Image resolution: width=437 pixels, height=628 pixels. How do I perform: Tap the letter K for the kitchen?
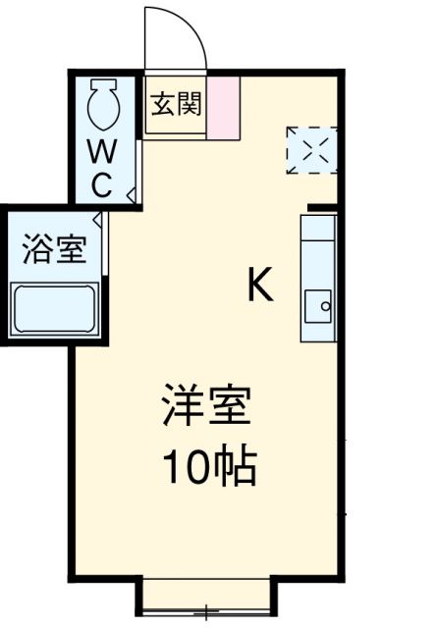[x=259, y=286]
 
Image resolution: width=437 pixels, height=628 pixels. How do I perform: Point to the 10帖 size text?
[x=207, y=467]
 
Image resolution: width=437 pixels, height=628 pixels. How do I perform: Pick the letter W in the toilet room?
[x=103, y=152]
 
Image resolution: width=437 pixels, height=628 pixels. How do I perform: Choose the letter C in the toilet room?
[x=103, y=183]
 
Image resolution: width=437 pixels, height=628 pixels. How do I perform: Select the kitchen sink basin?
[x=319, y=306]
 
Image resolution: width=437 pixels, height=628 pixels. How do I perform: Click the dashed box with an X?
[x=311, y=150]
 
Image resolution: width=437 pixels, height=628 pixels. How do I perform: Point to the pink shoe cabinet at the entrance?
[x=224, y=106]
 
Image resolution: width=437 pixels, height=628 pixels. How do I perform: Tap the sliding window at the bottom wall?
[x=205, y=595]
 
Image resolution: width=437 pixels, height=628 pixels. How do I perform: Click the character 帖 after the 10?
[x=236, y=467]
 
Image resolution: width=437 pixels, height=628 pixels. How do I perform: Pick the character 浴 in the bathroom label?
[x=38, y=249]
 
